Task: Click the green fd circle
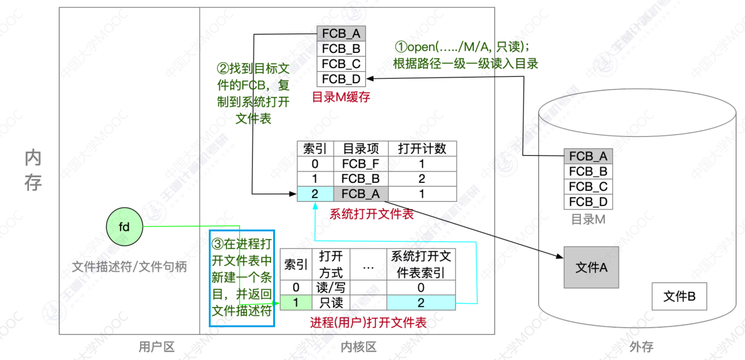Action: (124, 226)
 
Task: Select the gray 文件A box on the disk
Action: (591, 267)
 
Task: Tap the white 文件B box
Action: (679, 296)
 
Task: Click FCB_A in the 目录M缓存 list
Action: (341, 33)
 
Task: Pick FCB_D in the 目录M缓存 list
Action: (341, 79)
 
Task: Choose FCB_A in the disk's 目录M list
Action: (588, 156)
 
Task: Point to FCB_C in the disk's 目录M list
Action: (588, 187)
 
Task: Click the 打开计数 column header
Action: (422, 149)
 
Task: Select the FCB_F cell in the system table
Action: (361, 164)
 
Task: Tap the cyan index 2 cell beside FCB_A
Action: (315, 194)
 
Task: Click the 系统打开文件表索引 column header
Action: (421, 264)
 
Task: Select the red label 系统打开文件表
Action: (371, 214)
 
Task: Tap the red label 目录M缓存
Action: (341, 97)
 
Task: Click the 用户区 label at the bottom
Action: (156, 347)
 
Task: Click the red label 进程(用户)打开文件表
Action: (368, 323)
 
